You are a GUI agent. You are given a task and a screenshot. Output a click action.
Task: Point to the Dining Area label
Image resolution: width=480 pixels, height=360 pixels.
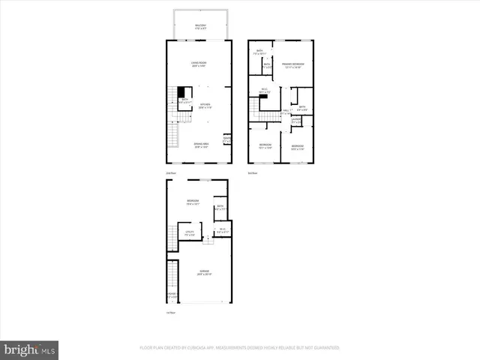tap(200, 145)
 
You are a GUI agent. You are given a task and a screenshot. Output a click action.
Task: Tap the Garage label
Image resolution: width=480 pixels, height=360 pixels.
tap(204, 272)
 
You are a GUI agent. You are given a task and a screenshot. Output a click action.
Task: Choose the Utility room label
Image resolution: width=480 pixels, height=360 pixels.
tap(190, 233)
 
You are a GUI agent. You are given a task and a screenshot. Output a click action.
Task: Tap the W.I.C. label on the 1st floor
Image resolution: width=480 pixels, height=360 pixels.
tap(221, 232)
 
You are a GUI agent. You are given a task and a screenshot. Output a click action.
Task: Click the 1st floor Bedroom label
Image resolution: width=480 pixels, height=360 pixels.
tap(192, 201)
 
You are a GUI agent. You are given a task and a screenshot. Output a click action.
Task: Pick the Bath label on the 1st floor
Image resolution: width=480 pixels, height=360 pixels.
tap(220, 208)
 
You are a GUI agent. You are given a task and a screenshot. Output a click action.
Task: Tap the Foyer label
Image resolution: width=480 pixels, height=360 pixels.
tap(172, 295)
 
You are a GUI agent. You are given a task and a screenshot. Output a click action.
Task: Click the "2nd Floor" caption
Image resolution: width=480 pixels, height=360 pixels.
tap(171, 172)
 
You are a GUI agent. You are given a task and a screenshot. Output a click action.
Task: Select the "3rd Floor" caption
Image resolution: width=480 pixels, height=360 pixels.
tap(253, 172)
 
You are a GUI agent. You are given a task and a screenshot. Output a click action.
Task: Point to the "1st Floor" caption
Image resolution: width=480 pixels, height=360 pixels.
tap(171, 312)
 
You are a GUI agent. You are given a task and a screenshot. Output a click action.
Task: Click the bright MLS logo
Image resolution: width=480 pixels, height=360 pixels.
tap(30, 349)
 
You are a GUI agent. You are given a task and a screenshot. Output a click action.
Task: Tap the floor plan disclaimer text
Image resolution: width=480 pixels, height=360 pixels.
tap(239, 348)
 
